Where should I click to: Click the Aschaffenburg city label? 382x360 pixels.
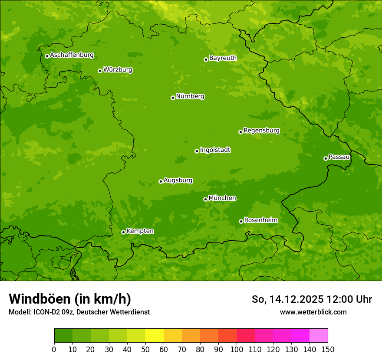pos(72,55)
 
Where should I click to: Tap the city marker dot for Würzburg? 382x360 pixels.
pos(100,71)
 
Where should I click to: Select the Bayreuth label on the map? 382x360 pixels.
pos(223,58)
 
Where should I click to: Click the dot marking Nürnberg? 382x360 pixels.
pos(173,98)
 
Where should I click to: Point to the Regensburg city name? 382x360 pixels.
pos(261,131)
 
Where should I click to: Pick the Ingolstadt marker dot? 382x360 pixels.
pos(197,151)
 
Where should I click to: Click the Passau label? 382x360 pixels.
pos(339,157)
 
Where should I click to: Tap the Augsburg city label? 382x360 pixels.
pos(178,180)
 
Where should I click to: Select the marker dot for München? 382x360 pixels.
pos(205,199)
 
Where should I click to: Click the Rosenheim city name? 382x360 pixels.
pos(260,220)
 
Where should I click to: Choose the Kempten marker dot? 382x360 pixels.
pos(123,232)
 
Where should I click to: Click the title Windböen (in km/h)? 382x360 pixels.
pos(70,299)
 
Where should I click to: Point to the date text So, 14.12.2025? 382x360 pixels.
pos(287,299)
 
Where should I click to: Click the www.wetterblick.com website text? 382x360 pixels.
pos(313,312)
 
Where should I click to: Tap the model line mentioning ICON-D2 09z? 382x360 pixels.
pos(79,312)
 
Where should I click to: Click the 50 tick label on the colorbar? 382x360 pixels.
pos(145,350)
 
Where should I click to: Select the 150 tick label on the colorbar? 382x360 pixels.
pos(328,350)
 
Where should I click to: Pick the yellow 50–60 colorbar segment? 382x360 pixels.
pos(155,335)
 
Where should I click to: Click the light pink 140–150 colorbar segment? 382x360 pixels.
pos(319,335)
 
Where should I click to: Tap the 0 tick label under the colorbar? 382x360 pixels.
pos(54,350)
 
